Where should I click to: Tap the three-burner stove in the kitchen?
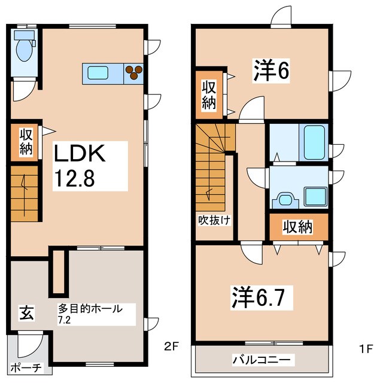pyautogui.click(x=133, y=72)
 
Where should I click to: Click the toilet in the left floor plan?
pyautogui.click(x=25, y=48)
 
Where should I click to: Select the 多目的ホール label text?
pyautogui.click(x=90, y=309)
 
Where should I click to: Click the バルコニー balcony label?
pyautogui.click(x=261, y=360)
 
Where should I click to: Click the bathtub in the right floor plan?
pyautogui.click(x=314, y=140)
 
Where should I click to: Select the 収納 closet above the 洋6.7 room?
pyautogui.click(x=298, y=227)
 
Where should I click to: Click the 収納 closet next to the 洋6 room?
pyautogui.click(x=208, y=95)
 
